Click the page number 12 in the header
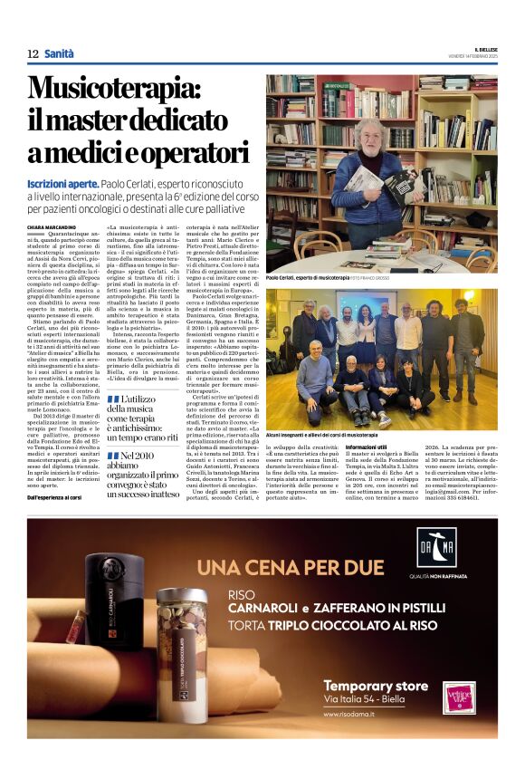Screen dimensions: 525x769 pos(33,54)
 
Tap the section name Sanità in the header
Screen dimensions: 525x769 pos(60,54)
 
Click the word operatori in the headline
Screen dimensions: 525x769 pos(167,151)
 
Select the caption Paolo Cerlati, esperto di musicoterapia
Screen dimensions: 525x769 pos(307,278)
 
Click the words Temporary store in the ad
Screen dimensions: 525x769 pos(376,685)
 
